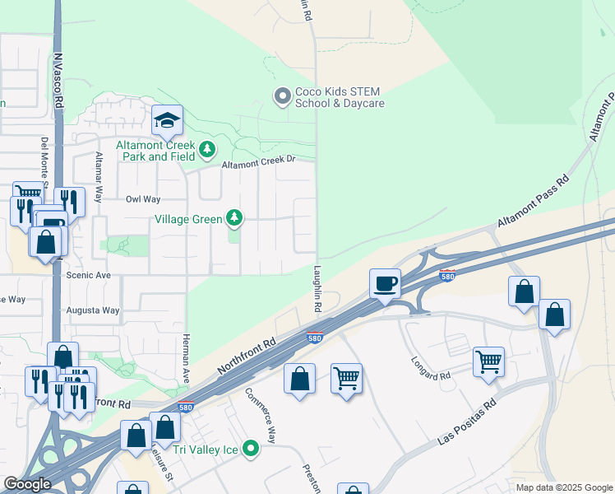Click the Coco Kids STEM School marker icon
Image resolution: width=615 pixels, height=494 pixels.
click(x=283, y=97)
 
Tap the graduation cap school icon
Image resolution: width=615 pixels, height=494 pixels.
click(x=167, y=122)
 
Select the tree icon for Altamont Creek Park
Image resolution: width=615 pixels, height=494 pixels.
click(x=207, y=150)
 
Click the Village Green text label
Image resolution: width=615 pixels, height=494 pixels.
click(x=188, y=219)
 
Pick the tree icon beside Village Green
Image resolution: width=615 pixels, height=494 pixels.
click(x=235, y=217)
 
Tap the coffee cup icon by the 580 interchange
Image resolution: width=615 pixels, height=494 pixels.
click(x=385, y=284)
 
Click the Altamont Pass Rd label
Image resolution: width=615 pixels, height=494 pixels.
click(x=533, y=202)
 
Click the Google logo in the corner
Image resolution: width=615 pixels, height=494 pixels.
click(x=27, y=484)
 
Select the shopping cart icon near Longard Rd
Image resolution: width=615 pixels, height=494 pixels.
click(x=488, y=361)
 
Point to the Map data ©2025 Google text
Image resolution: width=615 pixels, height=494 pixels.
click(x=563, y=487)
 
